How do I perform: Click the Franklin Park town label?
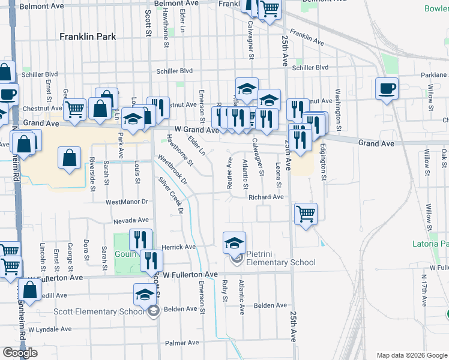[88, 37]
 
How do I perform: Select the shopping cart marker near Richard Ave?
[306, 213]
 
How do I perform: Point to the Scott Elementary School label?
[99, 311]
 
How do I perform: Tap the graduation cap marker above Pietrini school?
[235, 242]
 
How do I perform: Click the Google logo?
[20, 353]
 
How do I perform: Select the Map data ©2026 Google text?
[411, 355]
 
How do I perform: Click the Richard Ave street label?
[265, 197]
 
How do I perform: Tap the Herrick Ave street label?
[178, 247]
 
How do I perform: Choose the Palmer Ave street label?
[182, 343]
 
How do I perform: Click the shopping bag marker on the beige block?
[70, 159]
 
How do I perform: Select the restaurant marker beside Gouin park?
[140, 240]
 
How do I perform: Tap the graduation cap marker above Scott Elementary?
[144, 294]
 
